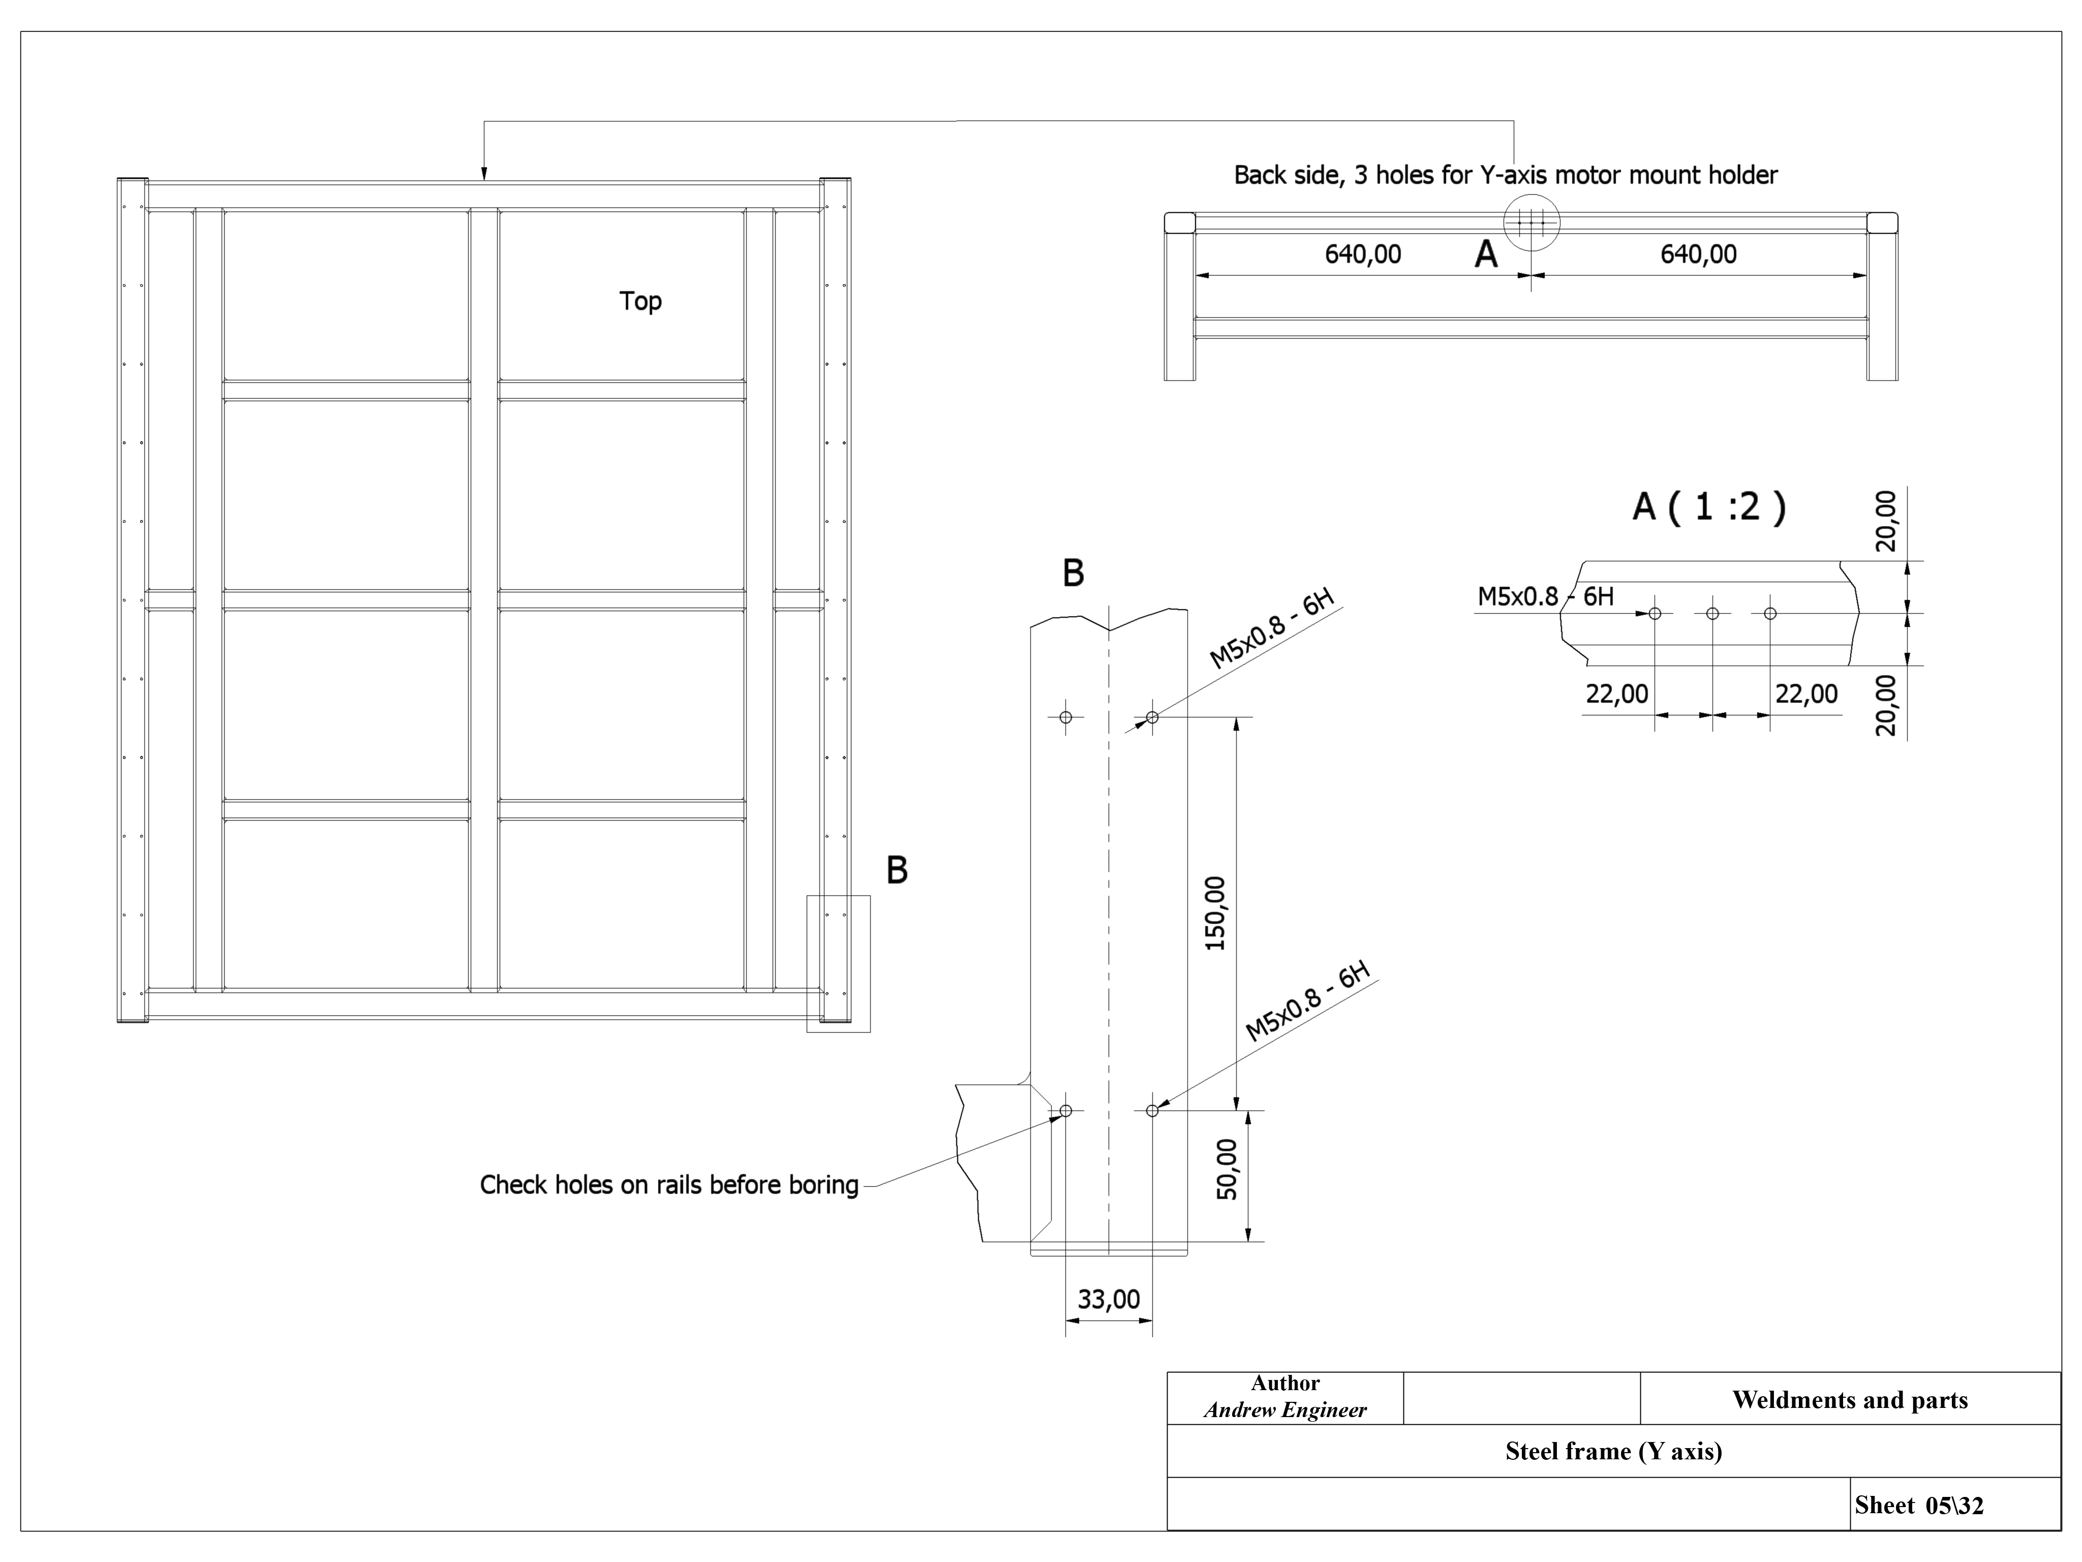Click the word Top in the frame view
(640, 302)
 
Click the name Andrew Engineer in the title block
(1285, 1409)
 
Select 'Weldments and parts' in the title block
(1850, 1400)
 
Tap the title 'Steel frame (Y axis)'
(1613, 1451)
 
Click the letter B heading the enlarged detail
(1073, 573)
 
